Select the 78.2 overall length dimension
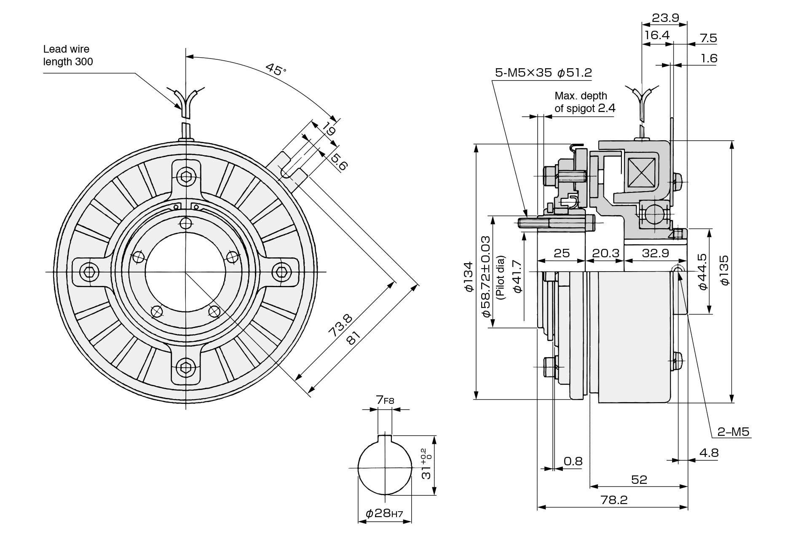coord(614,500)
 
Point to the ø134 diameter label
coord(469,276)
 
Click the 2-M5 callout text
coord(734,432)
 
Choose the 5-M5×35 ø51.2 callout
coord(543,72)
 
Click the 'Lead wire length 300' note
coord(68,56)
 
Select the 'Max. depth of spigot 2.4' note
coord(585,102)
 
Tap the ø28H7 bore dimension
coord(384,513)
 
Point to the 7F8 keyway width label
coord(385,400)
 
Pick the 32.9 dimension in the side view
coord(655,253)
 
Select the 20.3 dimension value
coord(605,253)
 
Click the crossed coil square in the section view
coord(642,172)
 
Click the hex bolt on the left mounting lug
coord(88,272)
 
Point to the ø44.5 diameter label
coord(702,272)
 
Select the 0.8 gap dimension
coord(573,462)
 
